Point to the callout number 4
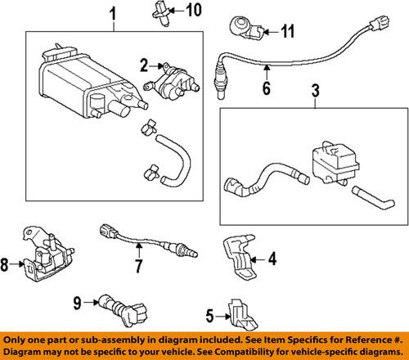[x=272, y=259]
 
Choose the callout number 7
[x=140, y=265]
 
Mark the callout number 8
[x=6, y=264]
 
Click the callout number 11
[x=287, y=33]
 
